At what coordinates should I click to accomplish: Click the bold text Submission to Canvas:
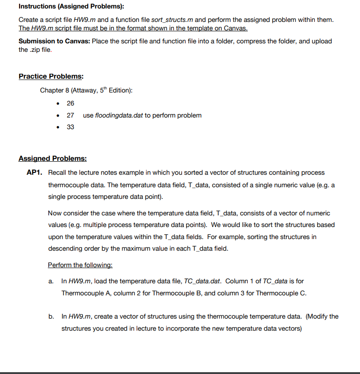pyautogui.click(x=54, y=41)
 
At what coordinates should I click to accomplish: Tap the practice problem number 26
pyautogui.click(x=70, y=103)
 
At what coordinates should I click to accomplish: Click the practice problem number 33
pyautogui.click(x=70, y=127)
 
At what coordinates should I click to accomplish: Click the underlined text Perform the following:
pyautogui.click(x=80, y=265)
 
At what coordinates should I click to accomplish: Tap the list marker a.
pyautogui.click(x=51, y=282)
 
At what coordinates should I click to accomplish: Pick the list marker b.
pyautogui.click(x=51, y=316)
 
